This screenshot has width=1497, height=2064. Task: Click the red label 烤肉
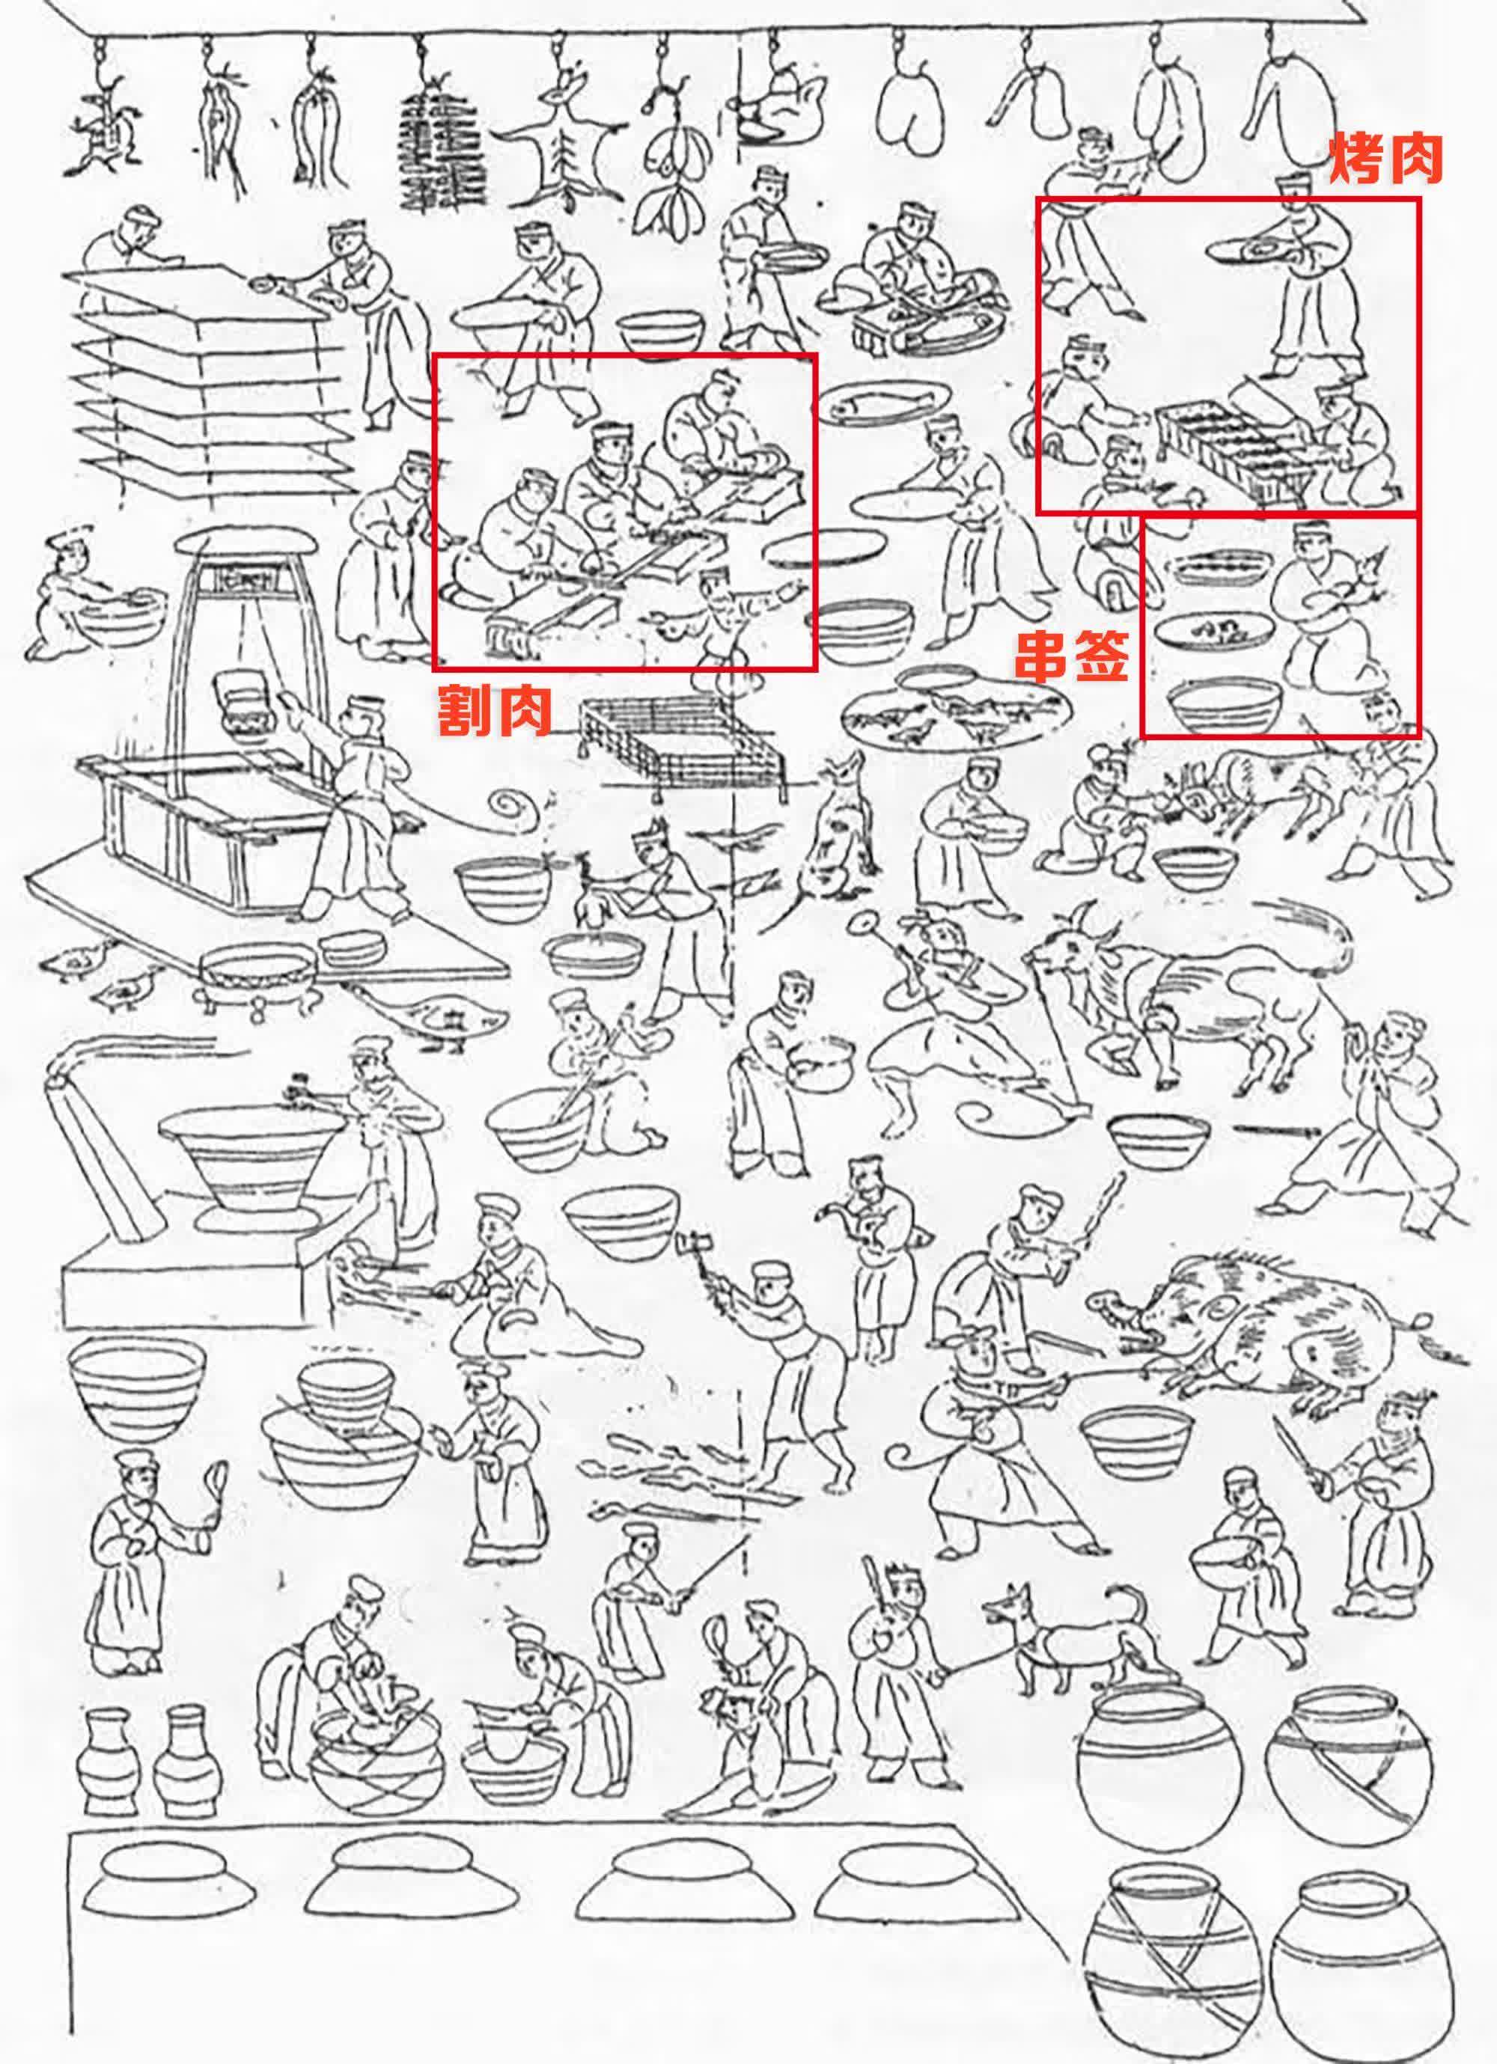click(1386, 160)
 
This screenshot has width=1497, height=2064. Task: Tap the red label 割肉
click(493, 711)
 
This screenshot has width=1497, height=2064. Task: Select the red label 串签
click(1072, 656)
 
